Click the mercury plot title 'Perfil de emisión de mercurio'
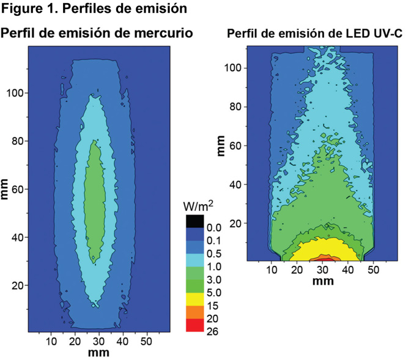coord(98,32)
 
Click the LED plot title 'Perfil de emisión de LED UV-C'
coord(314,34)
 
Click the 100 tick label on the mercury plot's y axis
coord(15,93)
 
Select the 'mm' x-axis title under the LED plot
coord(320,282)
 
